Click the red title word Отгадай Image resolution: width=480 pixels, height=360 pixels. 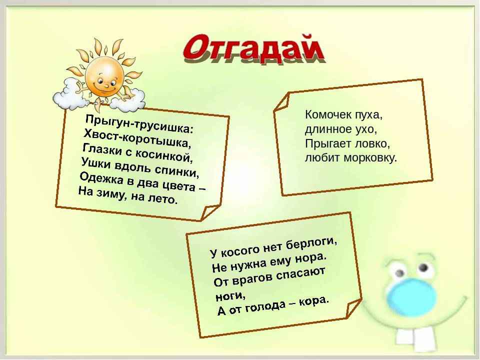click(253, 48)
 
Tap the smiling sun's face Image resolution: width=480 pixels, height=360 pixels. click(104, 77)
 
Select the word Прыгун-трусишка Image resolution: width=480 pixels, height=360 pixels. click(139, 123)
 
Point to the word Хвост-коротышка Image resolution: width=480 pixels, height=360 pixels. click(137, 138)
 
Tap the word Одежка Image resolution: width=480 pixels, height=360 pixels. click(101, 178)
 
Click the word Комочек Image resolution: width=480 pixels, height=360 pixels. click(328, 114)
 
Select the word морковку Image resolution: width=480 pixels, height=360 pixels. click(370, 158)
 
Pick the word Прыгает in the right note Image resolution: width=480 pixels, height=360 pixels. click(328, 143)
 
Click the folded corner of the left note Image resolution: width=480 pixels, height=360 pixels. click(209, 212)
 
